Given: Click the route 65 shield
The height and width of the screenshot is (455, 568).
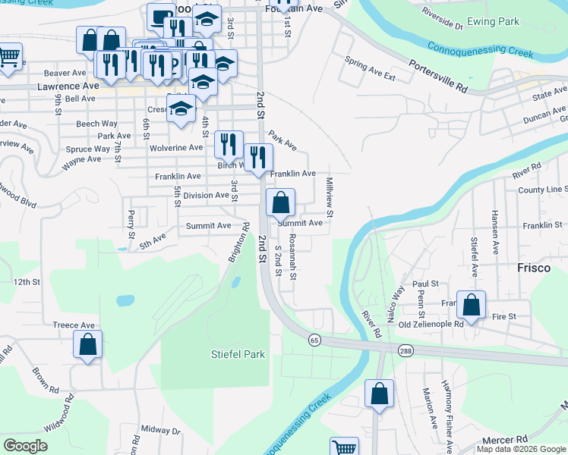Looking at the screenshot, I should (x=314, y=340).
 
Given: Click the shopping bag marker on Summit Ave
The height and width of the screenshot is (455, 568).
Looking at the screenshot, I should (x=280, y=203).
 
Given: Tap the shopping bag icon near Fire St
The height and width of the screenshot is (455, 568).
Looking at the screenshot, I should (x=472, y=306).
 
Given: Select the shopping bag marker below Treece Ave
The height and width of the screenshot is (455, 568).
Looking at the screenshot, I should (x=88, y=345).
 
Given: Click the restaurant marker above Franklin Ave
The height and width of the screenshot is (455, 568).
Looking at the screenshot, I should (x=259, y=158).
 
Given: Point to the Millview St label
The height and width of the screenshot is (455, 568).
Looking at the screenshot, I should (x=330, y=195).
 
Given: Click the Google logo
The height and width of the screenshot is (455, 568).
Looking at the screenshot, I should (x=26, y=445).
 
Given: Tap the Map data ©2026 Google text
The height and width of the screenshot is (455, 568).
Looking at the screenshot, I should (x=520, y=450).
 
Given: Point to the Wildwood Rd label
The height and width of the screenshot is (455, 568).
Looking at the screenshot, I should (x=59, y=413).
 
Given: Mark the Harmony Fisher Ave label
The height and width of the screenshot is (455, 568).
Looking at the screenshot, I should (x=450, y=428).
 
